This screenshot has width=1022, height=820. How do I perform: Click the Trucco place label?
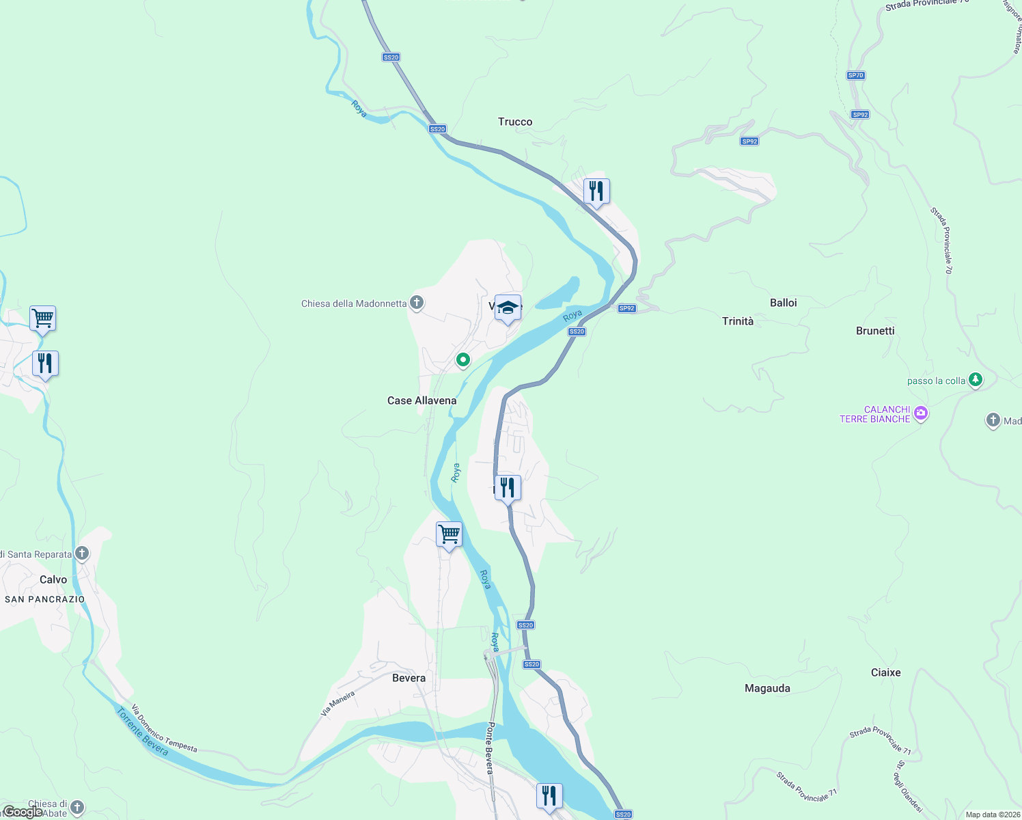[515, 122]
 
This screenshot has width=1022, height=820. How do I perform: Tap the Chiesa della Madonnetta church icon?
[417, 303]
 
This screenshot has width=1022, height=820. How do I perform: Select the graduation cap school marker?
[508, 307]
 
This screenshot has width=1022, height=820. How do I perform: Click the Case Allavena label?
[422, 400]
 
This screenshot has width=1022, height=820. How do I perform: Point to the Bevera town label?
[409, 678]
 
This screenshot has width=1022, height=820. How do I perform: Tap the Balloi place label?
[783, 303]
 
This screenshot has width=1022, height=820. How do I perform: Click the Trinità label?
[738, 321]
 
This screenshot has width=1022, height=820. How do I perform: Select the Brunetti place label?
[874, 331]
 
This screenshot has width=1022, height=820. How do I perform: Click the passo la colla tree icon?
[976, 379]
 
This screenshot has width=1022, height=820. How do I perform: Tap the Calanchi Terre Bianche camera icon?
[920, 413]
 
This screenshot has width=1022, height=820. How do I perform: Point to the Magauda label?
[767, 688]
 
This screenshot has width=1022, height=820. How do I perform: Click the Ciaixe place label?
[885, 672]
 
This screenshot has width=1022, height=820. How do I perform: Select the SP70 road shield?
[855, 75]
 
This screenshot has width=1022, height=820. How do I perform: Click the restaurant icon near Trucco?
[596, 191]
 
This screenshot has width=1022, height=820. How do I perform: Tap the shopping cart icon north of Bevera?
[449, 534]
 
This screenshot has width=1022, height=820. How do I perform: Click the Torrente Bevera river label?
[142, 732]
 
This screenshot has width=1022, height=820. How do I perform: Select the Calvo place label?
[53, 579]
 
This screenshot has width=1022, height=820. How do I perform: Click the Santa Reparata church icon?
[82, 553]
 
